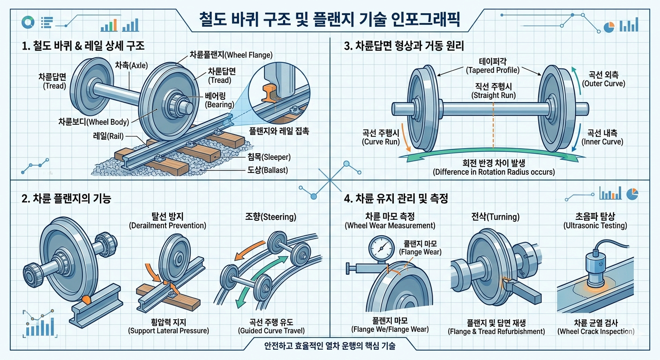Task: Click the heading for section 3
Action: pyautogui.click(x=410, y=47)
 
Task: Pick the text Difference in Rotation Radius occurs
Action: pyautogui.click(x=493, y=172)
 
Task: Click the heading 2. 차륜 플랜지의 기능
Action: pyautogui.click(x=67, y=199)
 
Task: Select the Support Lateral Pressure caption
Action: pyautogui.click(x=168, y=330)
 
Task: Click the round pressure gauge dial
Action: pyautogui.click(x=381, y=247)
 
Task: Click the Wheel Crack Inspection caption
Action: pyautogui.click(x=595, y=331)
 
